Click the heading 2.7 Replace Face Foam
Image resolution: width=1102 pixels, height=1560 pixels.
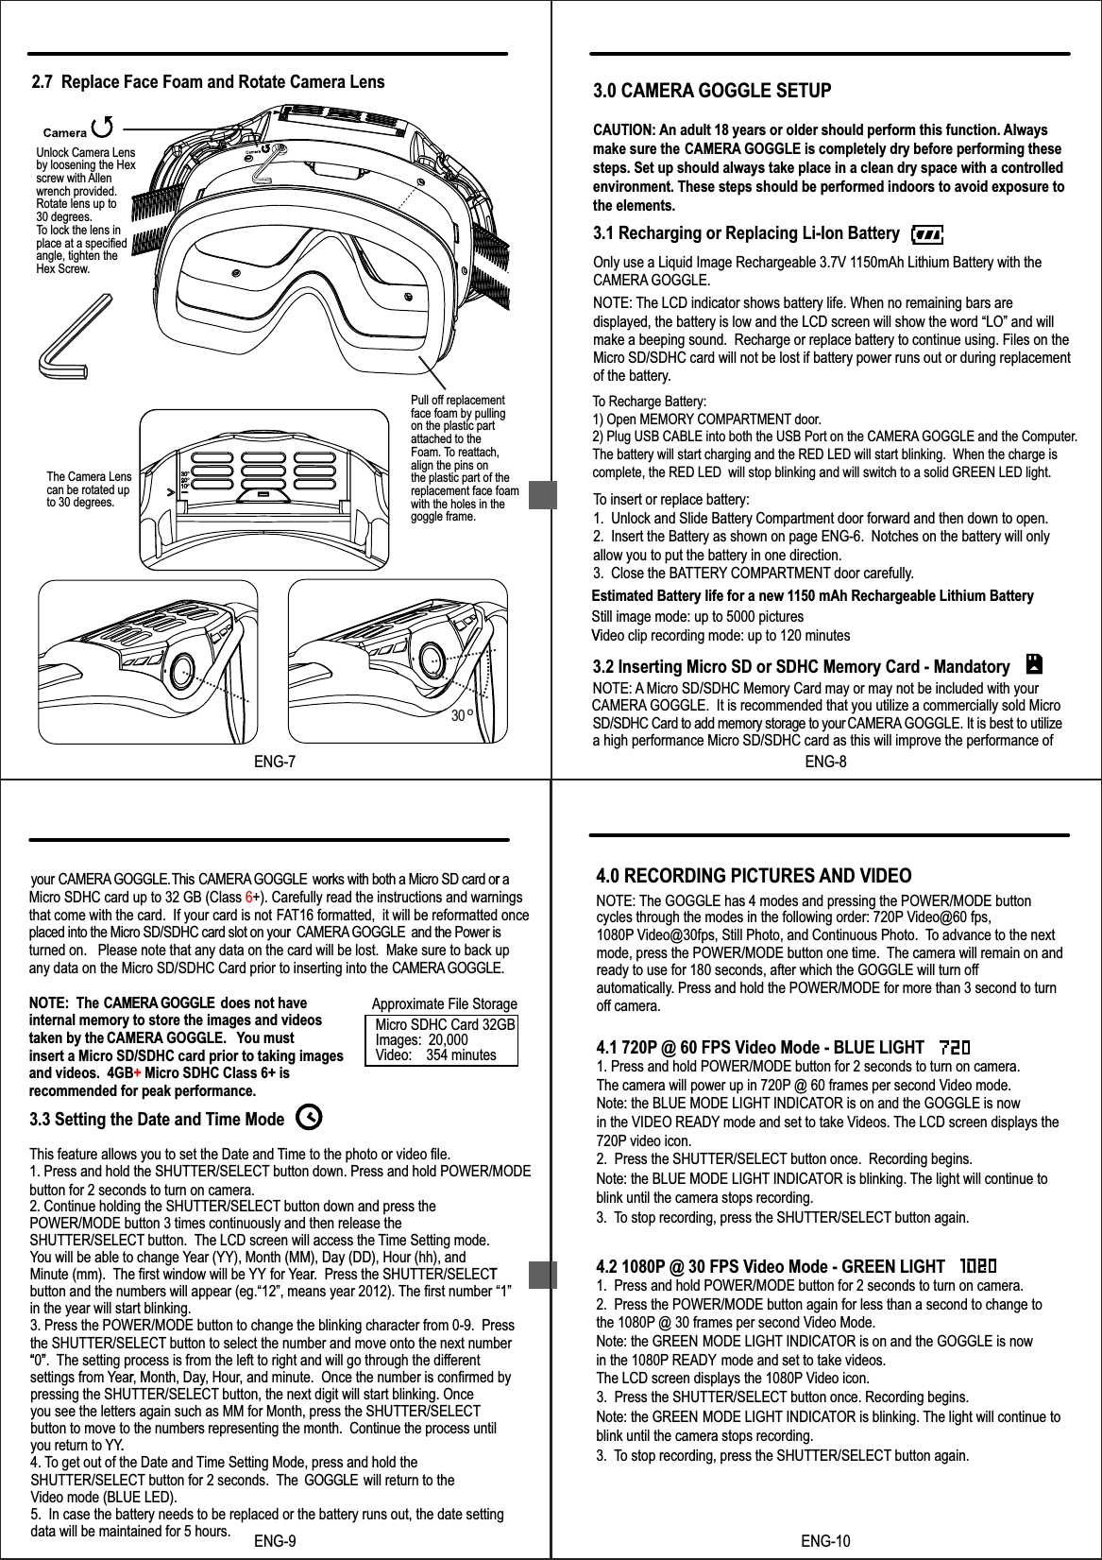209,82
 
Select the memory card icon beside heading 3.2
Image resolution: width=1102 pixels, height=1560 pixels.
1033,664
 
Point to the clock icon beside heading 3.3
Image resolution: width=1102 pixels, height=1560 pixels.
308,1119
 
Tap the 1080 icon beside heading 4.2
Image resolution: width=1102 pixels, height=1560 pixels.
977,1266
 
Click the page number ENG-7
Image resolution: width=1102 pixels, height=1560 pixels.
275,762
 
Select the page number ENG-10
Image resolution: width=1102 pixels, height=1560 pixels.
824,1541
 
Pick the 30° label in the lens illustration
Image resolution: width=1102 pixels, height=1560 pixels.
461,716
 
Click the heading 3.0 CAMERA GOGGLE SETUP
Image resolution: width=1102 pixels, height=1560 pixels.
711,92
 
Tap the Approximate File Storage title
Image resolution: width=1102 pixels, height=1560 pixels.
444,1003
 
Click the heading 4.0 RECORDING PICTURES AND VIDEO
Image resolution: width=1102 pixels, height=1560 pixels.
754,876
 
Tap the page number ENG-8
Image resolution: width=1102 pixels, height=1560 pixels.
824,762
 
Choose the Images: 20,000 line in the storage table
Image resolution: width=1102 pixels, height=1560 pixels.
421,1039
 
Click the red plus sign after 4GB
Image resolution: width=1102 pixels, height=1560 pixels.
138,1073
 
